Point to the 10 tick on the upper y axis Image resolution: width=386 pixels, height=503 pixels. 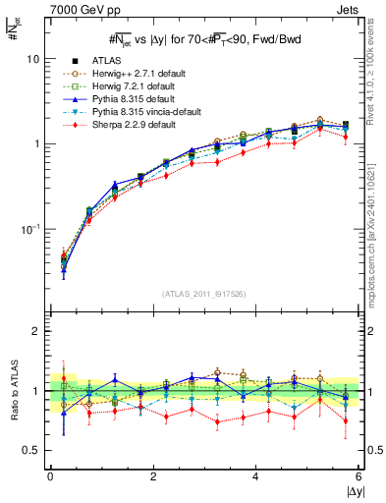[x=32, y=59]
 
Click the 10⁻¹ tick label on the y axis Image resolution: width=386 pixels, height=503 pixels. [x=29, y=228]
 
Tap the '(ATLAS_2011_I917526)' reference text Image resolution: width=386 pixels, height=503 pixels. [x=204, y=295]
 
